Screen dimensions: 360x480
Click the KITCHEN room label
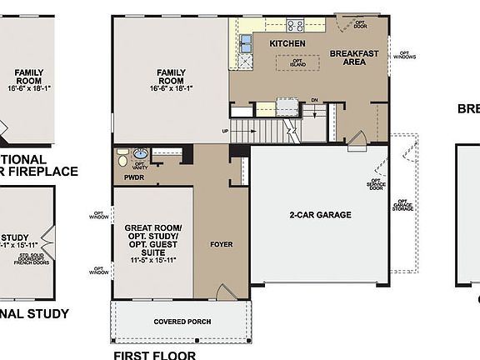(x=287, y=43)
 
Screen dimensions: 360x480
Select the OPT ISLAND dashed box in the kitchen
(x=297, y=62)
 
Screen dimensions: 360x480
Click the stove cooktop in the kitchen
(x=296, y=25)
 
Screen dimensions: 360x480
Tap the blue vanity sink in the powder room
(x=140, y=153)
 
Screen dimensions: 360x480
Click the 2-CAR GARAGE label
(x=321, y=215)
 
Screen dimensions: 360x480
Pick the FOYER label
(x=221, y=244)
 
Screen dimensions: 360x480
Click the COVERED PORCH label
(x=182, y=322)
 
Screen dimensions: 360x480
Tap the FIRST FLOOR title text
(x=155, y=354)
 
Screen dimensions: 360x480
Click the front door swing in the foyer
(x=223, y=291)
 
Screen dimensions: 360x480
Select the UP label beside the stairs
(x=225, y=131)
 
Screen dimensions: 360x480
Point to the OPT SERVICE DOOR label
(x=376, y=187)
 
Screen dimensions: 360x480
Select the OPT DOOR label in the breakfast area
(x=360, y=23)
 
